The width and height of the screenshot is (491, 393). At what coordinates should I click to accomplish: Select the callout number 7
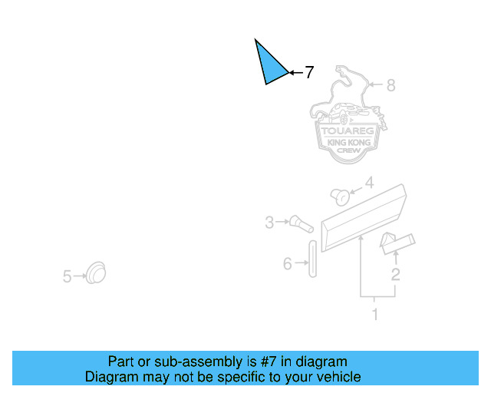tap(309, 73)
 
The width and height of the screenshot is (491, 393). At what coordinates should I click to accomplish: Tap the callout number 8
tap(390, 85)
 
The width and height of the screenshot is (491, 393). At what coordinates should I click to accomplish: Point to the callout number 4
tap(368, 183)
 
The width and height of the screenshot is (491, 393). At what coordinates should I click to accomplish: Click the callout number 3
tap(269, 223)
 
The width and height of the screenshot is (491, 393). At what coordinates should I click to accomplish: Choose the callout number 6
tap(288, 263)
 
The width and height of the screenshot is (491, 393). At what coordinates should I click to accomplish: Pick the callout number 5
tap(67, 276)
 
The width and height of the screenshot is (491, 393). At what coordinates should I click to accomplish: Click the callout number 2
tap(395, 274)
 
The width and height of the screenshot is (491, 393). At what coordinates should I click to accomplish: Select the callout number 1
tap(375, 314)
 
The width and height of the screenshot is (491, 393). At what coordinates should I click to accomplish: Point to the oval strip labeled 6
tap(312, 259)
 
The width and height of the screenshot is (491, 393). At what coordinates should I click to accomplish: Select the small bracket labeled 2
tap(397, 242)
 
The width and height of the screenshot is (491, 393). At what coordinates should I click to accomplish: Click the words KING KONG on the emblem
tap(348, 143)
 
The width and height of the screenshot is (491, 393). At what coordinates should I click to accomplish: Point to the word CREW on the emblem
tap(348, 152)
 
